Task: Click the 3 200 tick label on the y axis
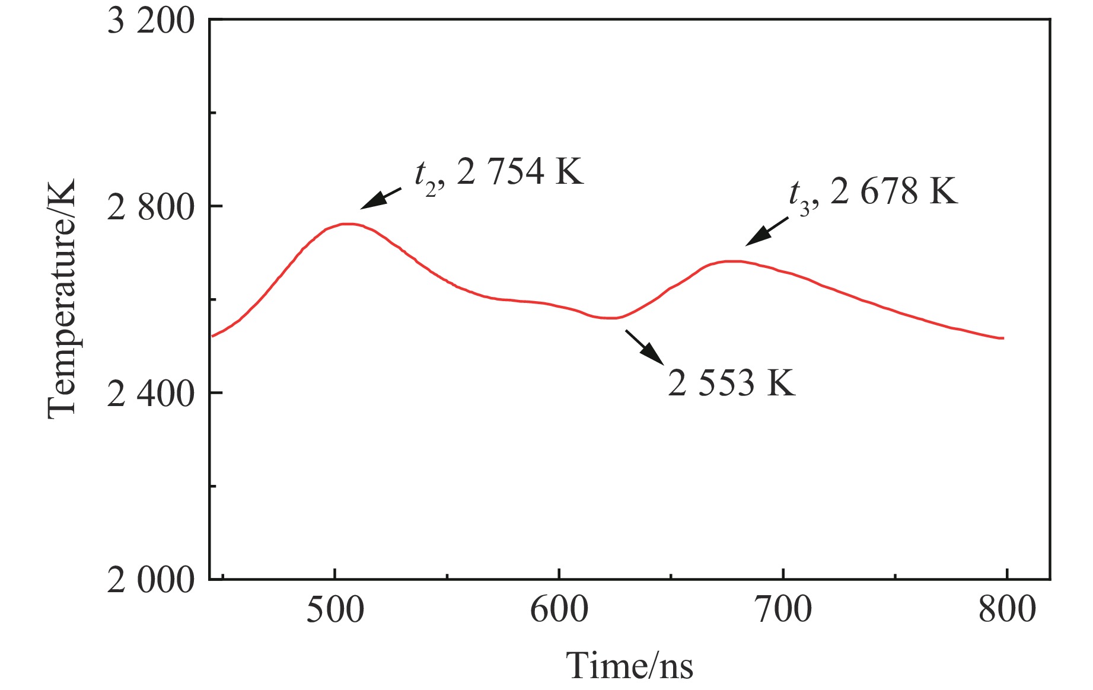151,22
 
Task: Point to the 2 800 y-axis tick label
151,208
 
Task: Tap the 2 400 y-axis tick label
151,394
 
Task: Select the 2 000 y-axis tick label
151,580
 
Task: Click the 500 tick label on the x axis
335,609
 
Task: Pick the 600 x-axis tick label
559,609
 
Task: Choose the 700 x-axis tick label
783,609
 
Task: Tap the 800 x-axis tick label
1006,609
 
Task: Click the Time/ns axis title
629,665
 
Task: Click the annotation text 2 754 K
520,172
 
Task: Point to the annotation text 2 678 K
894,191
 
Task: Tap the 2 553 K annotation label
731,383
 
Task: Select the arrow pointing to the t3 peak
766,231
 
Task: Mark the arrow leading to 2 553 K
644,347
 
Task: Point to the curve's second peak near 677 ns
732,261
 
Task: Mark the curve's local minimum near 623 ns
611,318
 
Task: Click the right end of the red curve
1003,338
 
